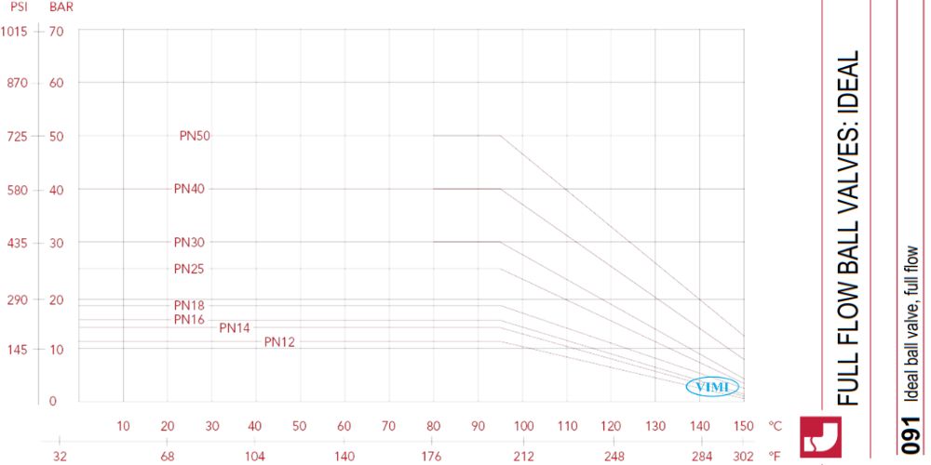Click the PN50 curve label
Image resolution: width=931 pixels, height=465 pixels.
tap(195, 136)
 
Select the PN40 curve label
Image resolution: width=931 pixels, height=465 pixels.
tap(189, 189)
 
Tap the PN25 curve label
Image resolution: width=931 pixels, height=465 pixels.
tap(189, 269)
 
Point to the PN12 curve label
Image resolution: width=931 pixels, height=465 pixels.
tap(279, 342)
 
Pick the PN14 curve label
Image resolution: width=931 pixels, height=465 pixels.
tap(235, 327)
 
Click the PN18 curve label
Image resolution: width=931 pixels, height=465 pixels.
tap(189, 305)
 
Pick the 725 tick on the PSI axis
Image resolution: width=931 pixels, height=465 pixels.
tap(18, 136)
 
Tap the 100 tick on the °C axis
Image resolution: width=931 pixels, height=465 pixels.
tap(523, 426)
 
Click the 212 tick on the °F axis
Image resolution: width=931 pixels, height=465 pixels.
tap(523, 457)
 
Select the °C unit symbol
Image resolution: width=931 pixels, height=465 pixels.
tap(775, 426)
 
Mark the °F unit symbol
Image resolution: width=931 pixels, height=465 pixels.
tap(775, 457)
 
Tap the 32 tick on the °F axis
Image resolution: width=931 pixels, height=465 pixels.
tap(59, 457)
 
